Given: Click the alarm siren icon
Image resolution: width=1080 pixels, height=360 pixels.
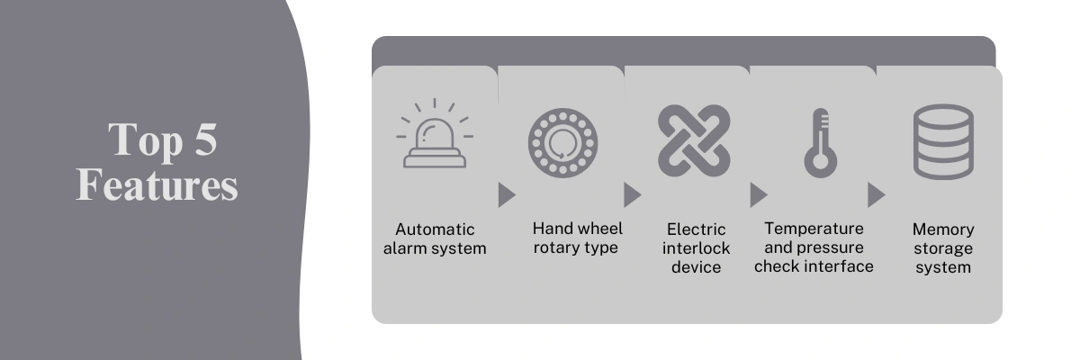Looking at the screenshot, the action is coord(435,145).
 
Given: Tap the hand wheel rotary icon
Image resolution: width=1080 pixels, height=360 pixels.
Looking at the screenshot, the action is coord(562,143).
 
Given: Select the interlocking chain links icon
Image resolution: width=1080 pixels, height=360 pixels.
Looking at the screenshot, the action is coord(694,140).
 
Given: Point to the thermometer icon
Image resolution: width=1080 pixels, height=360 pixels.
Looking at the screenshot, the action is coord(820,143).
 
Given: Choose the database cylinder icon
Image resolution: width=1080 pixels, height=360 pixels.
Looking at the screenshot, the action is coord(943,142).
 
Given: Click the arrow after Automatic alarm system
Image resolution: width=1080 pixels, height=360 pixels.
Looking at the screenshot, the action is coord(507,195).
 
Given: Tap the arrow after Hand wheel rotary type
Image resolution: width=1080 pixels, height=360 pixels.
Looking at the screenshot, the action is coord(633,195).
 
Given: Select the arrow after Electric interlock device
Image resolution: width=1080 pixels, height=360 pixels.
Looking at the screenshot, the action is coord(759,195).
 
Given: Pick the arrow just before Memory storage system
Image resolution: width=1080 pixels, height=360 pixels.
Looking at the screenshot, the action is coord(877,195).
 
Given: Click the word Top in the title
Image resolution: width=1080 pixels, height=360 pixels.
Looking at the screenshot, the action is coord(146,140).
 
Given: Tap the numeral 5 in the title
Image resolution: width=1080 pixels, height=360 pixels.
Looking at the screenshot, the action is coord(206,139).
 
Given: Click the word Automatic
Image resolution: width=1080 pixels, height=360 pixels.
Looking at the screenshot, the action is coord(435,229).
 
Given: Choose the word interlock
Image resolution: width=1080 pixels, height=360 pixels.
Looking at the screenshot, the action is coord(696,248).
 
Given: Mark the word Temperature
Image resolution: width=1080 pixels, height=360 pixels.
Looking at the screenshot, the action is coord(814,229).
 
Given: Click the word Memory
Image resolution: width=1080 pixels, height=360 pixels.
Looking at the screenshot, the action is coord(943,229).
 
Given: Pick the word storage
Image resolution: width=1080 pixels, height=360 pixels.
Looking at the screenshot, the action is coord(943,249).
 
